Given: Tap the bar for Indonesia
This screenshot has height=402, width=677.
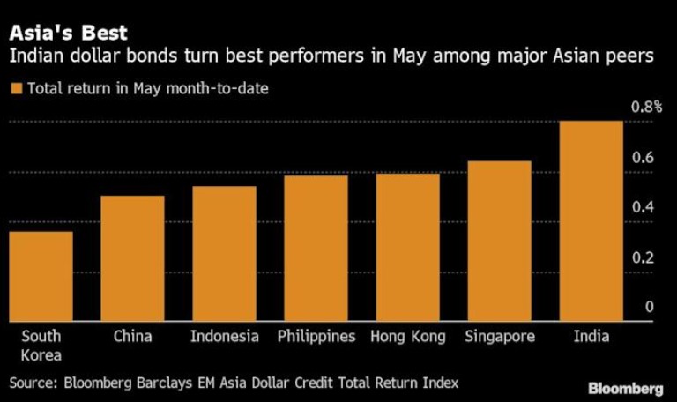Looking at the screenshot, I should click(224, 254).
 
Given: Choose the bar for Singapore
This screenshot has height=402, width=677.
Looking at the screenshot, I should click(499, 242).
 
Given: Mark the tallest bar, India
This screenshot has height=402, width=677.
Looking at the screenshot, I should click(591, 221).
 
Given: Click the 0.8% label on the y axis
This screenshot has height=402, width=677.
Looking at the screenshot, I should click(645, 107).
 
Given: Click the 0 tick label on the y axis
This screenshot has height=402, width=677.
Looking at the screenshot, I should click(649, 308).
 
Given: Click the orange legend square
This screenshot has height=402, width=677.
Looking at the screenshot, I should click(16, 88).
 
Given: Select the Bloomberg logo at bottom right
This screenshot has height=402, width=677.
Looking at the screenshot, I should click(626, 388).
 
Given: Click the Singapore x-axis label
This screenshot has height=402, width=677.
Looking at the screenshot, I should click(499, 337).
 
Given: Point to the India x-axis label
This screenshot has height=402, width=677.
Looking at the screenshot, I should click(591, 337).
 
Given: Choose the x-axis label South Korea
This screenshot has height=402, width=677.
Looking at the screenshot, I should click(41, 346).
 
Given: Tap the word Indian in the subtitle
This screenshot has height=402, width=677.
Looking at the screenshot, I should click(33, 57).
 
